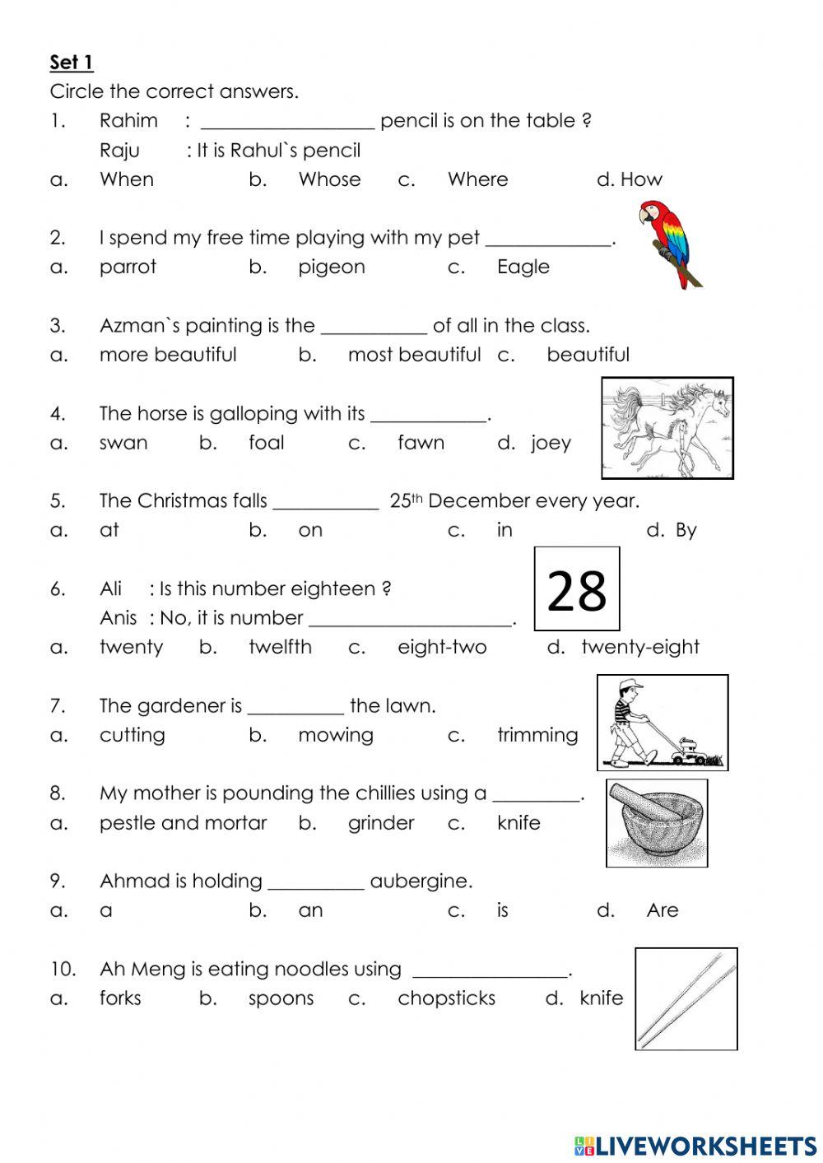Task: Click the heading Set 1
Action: pos(72,63)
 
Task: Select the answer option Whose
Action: pos(329,179)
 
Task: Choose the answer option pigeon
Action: pos(331,267)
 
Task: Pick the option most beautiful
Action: pos(414,355)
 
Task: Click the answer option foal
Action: pos(266,443)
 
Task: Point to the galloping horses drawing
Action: pos(667,428)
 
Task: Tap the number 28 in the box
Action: pos(576,590)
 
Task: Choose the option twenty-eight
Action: pos(639,647)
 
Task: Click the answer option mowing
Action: pos(335,735)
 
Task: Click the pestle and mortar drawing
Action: pos(657,823)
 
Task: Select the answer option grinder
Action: pos(380,823)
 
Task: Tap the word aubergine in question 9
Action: pos(421,882)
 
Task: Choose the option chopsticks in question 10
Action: pos(446,998)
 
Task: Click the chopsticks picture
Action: pos(686,998)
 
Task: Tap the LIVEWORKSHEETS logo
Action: pos(695,1145)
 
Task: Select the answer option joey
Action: pos(551,443)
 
